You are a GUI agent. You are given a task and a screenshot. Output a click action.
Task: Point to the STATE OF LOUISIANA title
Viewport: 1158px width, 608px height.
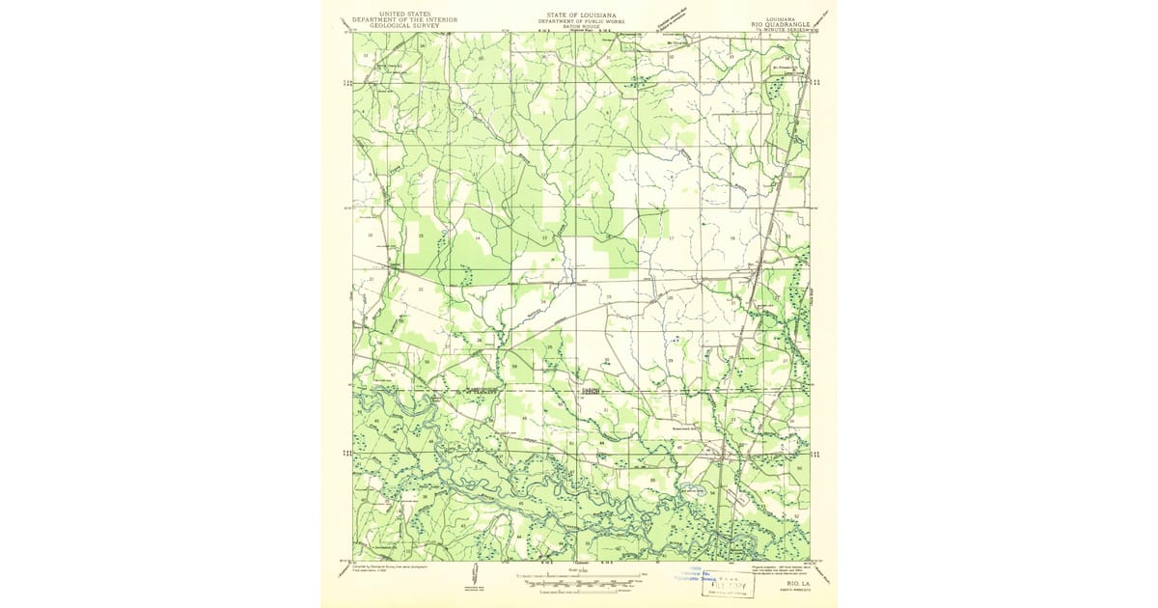579,15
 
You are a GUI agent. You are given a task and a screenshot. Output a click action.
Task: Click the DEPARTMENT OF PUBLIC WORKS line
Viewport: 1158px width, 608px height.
579,21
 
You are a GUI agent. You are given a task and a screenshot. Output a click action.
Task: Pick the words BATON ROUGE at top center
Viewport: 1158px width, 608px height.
579,27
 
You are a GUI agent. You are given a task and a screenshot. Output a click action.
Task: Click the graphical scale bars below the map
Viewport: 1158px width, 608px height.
579,583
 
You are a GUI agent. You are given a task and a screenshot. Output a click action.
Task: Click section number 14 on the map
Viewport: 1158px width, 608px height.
477,237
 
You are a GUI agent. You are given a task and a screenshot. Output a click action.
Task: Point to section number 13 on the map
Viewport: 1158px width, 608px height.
544,237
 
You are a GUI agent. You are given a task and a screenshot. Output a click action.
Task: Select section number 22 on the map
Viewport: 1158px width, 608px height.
420,289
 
